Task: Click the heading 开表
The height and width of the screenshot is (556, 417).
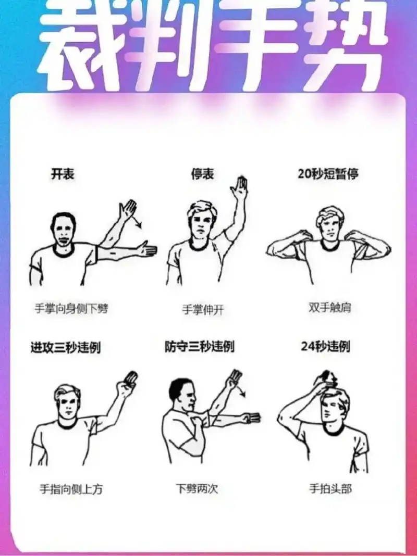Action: point(63,174)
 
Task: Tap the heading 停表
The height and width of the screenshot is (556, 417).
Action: point(202,174)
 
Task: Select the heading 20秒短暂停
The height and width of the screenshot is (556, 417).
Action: point(328,174)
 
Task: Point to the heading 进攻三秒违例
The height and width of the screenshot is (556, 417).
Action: point(66,347)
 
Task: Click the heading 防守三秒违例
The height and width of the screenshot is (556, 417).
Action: point(200,346)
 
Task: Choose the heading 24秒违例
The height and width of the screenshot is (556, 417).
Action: point(325,346)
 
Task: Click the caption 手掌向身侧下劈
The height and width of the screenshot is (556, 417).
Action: point(71,308)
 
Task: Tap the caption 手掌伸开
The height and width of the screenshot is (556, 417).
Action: point(203,310)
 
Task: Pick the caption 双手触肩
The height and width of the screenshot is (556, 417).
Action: point(330,307)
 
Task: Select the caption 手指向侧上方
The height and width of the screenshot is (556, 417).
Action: point(71,489)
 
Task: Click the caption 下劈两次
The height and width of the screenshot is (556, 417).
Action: point(197,489)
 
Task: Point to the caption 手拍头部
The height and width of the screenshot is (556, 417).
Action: point(330,489)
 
